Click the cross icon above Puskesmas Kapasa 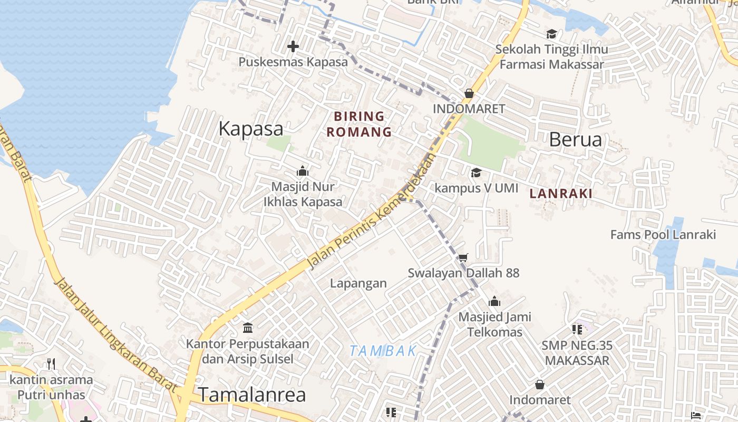pos(293,46)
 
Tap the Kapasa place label pos(251,129)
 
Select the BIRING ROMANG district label pos(360,124)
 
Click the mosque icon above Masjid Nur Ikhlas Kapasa pos(302,171)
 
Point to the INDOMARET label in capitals pos(469,109)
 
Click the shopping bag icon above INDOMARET pos(469,93)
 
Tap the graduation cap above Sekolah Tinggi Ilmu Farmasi pos(551,34)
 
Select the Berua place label pos(575,139)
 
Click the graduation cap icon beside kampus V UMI pos(476,172)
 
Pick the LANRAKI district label pos(561,194)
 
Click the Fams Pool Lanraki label pos(663,234)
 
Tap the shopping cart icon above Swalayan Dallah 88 pos(463,257)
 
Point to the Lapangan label pos(358,283)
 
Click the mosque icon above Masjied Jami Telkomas pos(494,302)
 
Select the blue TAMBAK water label pos(383,351)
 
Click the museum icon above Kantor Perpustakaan pos(248,328)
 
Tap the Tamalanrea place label pos(252,395)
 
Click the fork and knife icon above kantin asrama pos(51,364)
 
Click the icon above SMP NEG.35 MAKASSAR pos(577,330)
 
